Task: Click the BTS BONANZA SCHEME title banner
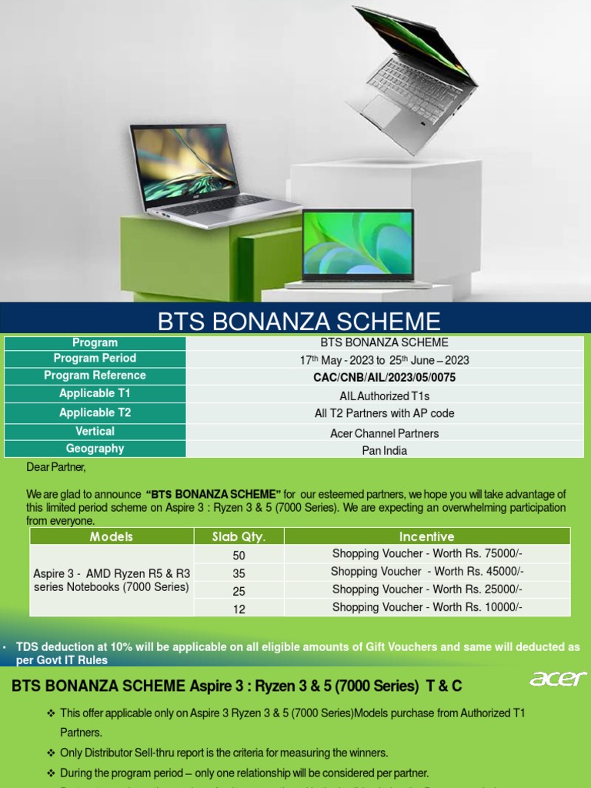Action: coord(299,320)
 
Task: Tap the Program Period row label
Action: coord(95,359)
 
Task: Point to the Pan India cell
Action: coord(384,450)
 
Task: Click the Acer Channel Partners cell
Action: coord(384,433)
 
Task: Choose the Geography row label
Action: coord(95,449)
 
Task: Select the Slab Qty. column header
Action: coord(239,536)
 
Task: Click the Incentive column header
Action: coord(427,536)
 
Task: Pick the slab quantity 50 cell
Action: coord(239,555)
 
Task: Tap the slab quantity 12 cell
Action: coord(239,609)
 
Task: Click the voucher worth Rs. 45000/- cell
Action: coord(427,572)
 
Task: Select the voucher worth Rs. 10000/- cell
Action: coord(427,607)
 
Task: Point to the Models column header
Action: coord(112,536)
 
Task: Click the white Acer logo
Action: coord(558,679)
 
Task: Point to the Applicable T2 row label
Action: coord(95,412)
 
